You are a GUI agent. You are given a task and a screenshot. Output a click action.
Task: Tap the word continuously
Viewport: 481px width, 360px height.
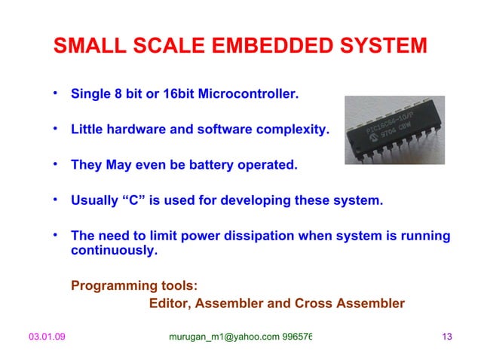[x=115, y=251]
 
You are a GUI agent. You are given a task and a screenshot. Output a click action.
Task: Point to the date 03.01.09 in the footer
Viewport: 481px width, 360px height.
[x=47, y=337]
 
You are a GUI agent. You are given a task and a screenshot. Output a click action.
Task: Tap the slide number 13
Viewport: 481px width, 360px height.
[x=445, y=337]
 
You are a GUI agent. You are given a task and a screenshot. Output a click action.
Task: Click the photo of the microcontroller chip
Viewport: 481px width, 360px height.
[x=396, y=130]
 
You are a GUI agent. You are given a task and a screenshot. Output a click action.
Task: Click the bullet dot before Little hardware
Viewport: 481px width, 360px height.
[x=55, y=128]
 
